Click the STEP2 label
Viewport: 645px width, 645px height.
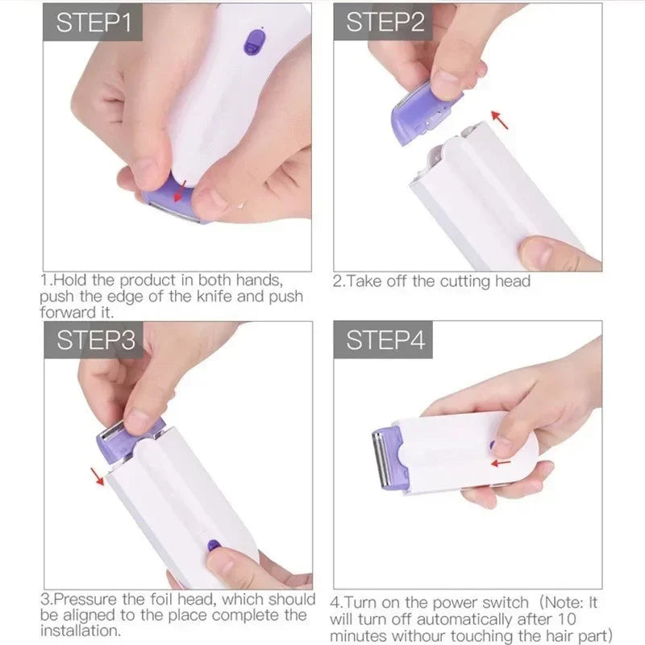(384, 22)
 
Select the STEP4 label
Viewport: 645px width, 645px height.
(384, 340)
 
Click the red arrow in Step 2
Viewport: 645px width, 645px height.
(501, 120)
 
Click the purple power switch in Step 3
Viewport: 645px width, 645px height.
(214, 545)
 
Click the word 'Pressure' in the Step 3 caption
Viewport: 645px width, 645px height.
(88, 599)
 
